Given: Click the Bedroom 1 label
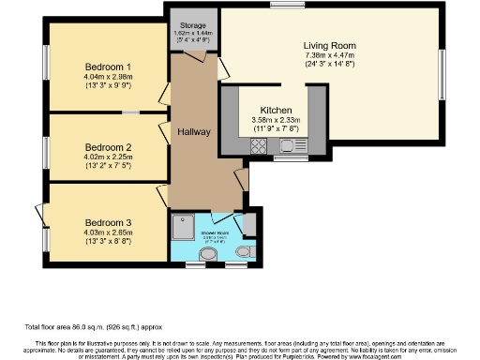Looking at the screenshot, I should point(108,67).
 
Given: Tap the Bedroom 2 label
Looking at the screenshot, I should point(108,147).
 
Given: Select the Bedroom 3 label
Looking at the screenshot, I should point(107,221).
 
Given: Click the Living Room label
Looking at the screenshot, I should point(329,44).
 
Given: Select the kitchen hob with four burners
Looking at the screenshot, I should point(259,145).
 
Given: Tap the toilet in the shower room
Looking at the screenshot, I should point(244,252).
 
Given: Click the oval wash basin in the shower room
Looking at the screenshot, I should point(207,254).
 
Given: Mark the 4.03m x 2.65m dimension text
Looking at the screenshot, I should point(107,232).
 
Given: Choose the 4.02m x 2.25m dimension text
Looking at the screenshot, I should point(108,157).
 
